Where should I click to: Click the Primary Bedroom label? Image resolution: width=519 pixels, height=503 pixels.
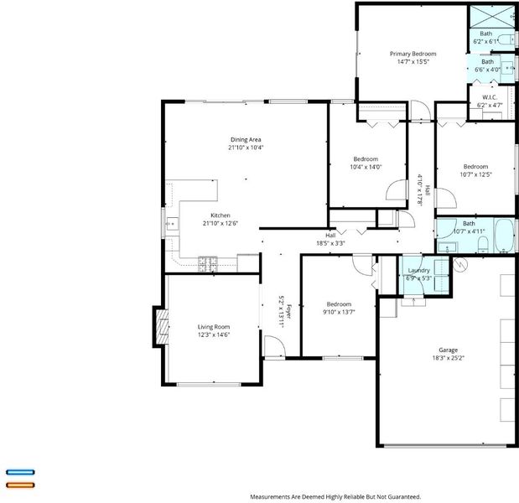pyautogui.click(x=413, y=54)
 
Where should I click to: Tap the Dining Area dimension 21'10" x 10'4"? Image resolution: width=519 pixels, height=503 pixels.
pyautogui.click(x=246, y=148)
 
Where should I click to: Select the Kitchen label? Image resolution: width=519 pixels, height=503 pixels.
pyautogui.click(x=221, y=215)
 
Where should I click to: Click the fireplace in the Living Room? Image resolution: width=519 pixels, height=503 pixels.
pyautogui.click(x=162, y=327)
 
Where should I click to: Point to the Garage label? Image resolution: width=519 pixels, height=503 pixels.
pyautogui.click(x=449, y=350)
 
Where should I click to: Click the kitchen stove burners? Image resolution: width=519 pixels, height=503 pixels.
pyautogui.click(x=208, y=264)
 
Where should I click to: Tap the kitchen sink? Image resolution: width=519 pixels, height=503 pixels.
pyautogui.click(x=172, y=224)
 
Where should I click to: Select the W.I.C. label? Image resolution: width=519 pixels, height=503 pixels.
pyautogui.click(x=490, y=97)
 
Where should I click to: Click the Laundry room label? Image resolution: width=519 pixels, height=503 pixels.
pyautogui.click(x=418, y=270)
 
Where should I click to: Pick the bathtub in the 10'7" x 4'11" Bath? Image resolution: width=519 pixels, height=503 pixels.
pyautogui.click(x=504, y=236)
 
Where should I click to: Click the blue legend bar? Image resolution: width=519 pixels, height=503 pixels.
pyautogui.click(x=20, y=472)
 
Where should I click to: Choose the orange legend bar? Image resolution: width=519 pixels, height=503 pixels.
pyautogui.click(x=20, y=485)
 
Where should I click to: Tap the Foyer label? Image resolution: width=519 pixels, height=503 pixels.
pyautogui.click(x=288, y=311)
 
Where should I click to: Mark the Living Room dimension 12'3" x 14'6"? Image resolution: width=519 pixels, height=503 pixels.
pyautogui.click(x=214, y=334)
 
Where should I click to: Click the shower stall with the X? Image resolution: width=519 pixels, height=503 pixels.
pyautogui.click(x=492, y=16)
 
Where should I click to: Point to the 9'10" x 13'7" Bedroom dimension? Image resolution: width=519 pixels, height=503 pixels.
pyautogui.click(x=339, y=312)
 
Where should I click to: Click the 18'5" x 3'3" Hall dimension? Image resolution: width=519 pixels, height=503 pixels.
pyautogui.click(x=330, y=243)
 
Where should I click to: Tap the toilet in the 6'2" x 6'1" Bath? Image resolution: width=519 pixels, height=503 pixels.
pyautogui.click(x=506, y=39)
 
